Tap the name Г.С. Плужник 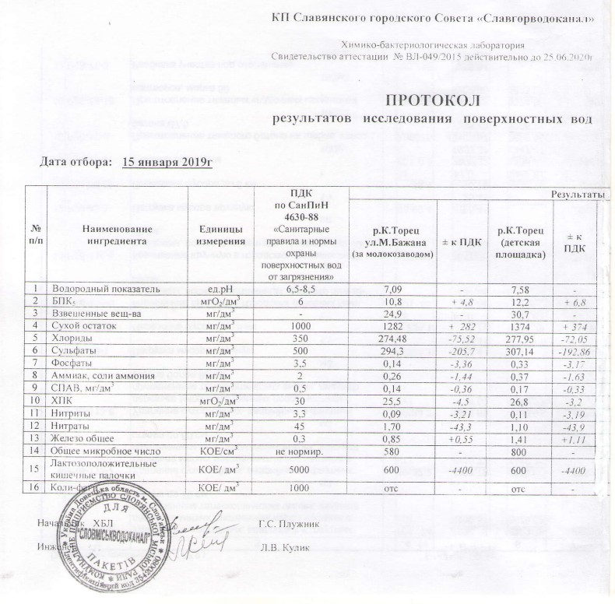pos(285,521)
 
